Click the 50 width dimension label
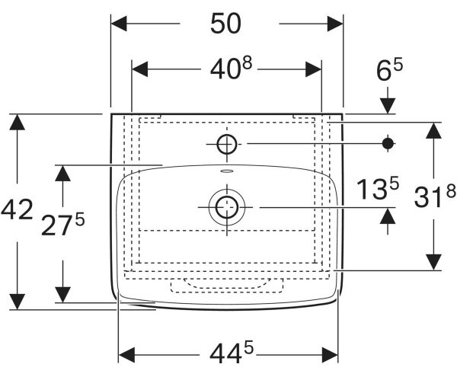tap(225, 24)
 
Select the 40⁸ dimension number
tap(231, 69)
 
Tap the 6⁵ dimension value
tap(390, 69)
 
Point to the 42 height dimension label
tap(17, 209)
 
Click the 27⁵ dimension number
tap(63, 224)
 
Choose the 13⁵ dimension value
tap(378, 189)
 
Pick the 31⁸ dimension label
tap(435, 196)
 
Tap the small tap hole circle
tap(227, 144)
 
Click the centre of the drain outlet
tap(227, 207)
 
